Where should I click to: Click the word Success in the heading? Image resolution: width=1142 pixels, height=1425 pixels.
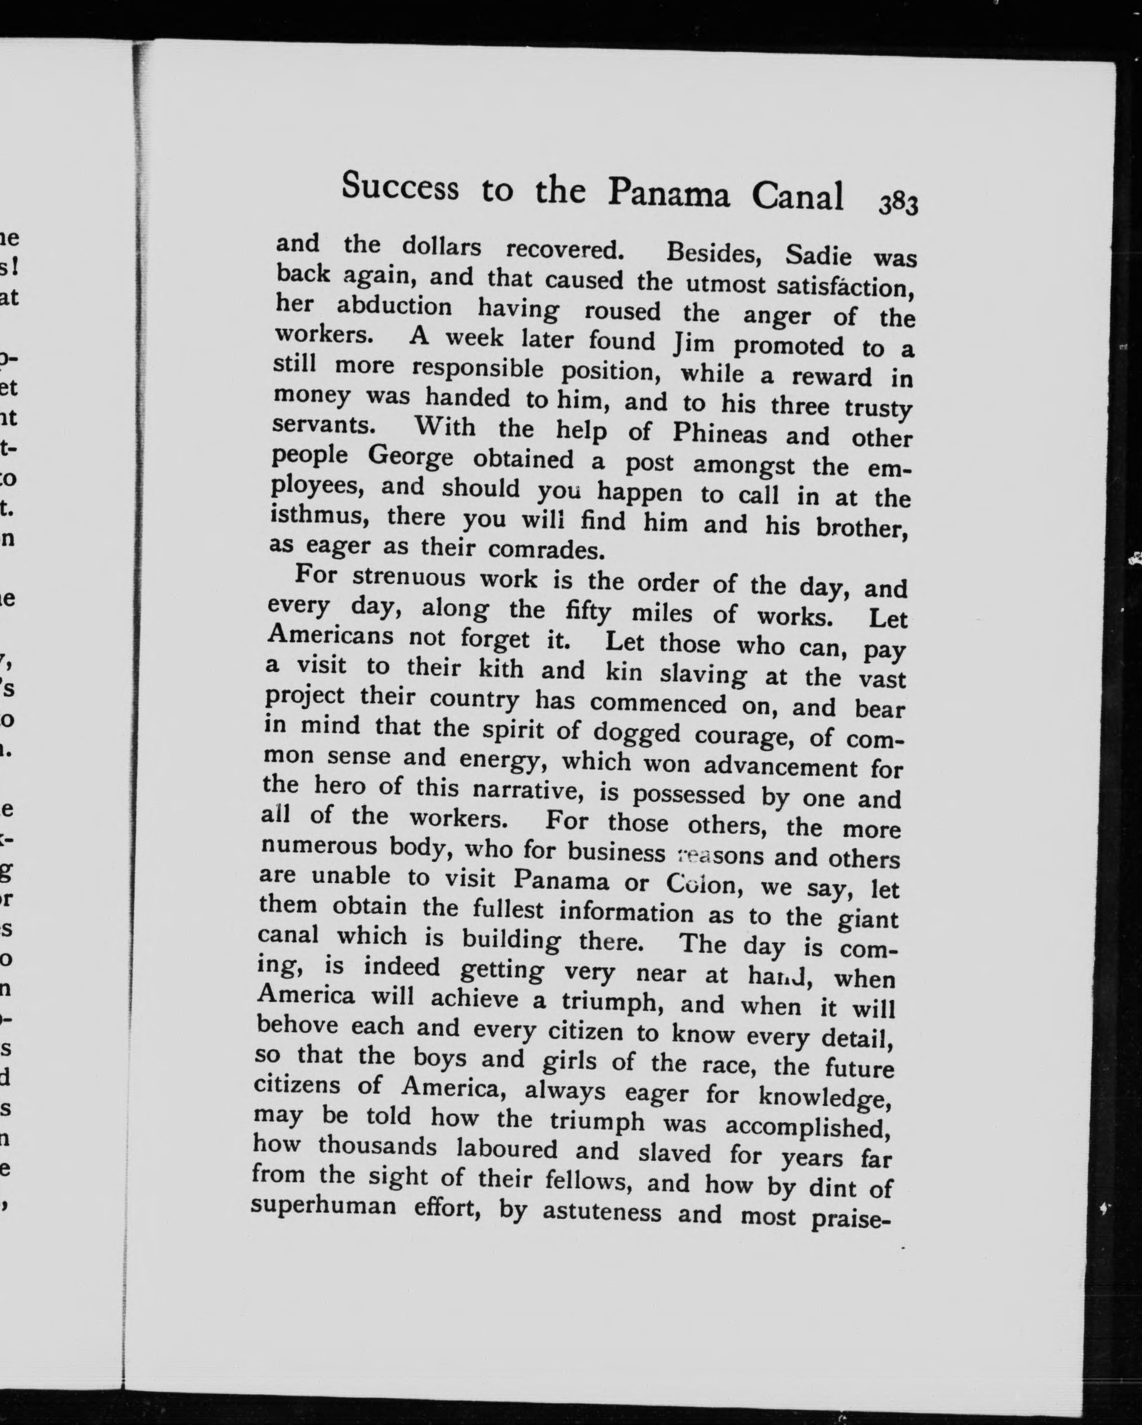coord(400,186)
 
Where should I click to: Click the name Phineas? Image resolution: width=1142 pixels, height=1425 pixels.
coord(719,433)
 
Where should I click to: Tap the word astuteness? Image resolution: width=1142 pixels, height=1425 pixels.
coord(602,1212)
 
